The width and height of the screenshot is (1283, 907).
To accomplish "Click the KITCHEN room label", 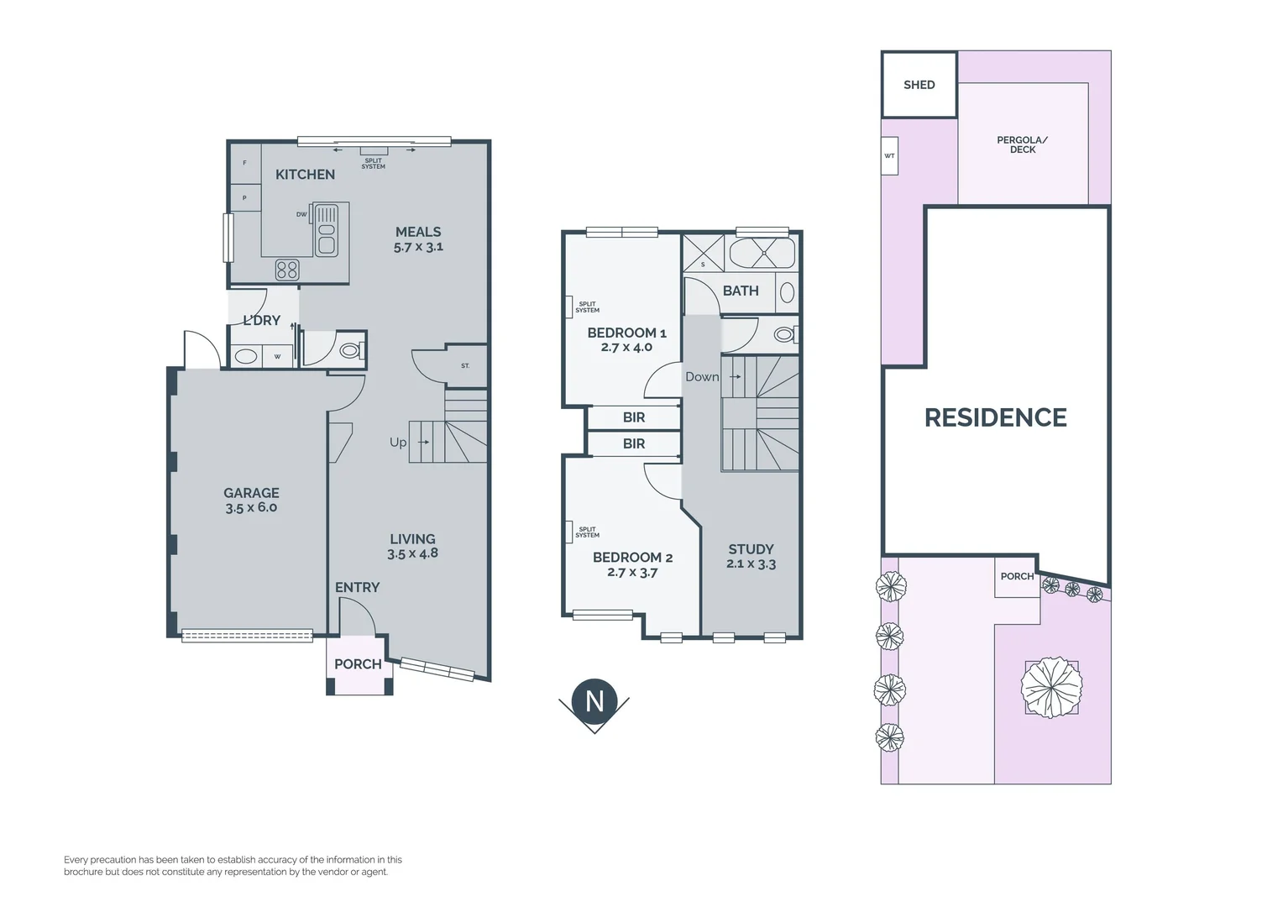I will [305, 175].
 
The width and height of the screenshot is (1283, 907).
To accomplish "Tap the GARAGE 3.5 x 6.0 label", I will [251, 500].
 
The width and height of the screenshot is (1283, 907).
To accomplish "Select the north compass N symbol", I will [594, 701].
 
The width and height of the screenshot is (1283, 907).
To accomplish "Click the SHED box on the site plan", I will [919, 85].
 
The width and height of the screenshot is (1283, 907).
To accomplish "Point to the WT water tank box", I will [889, 156].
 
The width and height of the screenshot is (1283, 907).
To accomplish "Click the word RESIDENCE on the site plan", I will [995, 417].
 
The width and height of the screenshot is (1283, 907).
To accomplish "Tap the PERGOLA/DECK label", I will [1022, 144].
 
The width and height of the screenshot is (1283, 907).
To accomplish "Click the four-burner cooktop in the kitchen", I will [287, 270].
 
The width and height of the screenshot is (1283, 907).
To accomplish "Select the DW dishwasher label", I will [301, 214].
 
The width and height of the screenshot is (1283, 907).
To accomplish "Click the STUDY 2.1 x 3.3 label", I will [751, 556].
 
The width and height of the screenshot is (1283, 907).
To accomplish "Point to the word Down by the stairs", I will [702, 377].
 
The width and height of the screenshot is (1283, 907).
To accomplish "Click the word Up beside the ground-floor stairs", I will [398, 443].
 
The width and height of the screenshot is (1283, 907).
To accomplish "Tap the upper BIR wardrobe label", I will [634, 417].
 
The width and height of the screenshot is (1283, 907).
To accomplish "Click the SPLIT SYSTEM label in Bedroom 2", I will [587, 532].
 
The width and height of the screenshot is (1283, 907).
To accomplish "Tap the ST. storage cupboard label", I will [465, 366].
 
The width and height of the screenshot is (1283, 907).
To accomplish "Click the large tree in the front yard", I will [1050, 688].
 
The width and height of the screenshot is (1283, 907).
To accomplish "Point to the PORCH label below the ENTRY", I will [358, 664].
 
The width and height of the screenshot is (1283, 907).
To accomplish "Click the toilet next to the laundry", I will [349, 351].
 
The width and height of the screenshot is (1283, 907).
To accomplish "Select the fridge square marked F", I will [244, 163].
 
